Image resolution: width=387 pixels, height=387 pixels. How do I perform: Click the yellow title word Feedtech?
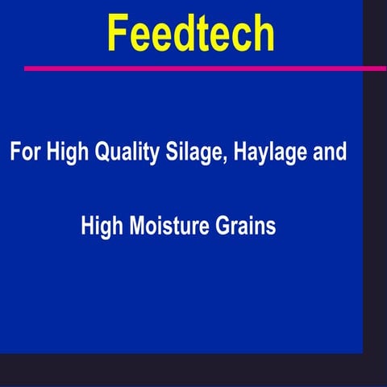[x=191, y=34]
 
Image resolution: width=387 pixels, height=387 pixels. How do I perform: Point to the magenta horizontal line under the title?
[x=202, y=69]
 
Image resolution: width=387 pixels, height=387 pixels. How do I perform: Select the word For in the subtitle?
[x=24, y=152]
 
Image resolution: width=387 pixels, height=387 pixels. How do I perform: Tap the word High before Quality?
[x=64, y=152]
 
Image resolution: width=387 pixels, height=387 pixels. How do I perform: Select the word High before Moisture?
[x=100, y=227]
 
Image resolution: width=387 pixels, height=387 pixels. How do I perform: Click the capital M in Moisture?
[x=131, y=227]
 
